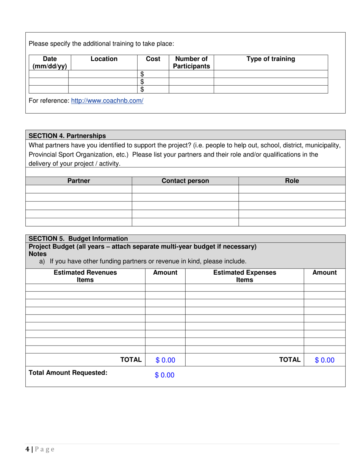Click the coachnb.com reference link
pos(107,101)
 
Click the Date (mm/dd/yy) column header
pos(50,63)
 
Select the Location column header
pos(104,59)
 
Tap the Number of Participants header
pos(191,63)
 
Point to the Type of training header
pos(271,59)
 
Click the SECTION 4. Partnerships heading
pos(67,136)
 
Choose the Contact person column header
pos(185,181)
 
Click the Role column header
pos(292,181)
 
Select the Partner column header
pos(79,181)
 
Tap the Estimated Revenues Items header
pos(85,276)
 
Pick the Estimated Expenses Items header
pos(244,276)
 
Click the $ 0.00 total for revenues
pos(165,360)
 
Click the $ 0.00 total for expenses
pos(324,360)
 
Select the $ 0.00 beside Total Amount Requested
pos(164,375)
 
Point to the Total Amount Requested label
pos(68,373)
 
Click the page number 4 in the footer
pos(27,449)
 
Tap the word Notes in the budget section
pos(38,254)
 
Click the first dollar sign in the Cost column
pos(142,74)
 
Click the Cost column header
pos(153,59)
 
